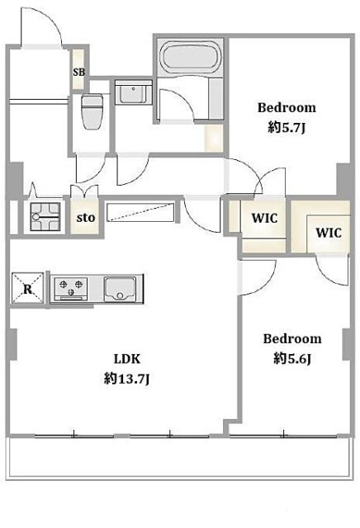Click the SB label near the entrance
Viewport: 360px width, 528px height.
click(79, 72)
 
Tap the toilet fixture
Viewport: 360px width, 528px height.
click(92, 111)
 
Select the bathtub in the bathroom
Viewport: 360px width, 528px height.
click(191, 58)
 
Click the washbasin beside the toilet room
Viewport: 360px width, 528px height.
click(134, 92)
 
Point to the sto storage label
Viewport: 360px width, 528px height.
click(86, 218)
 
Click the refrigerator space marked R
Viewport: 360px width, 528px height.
click(27, 288)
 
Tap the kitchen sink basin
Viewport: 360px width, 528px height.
click(120, 290)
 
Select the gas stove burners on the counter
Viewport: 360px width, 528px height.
click(71, 289)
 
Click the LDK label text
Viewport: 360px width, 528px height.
click(127, 359)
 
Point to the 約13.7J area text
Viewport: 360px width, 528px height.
click(126, 379)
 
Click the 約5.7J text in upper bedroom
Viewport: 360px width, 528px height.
click(287, 128)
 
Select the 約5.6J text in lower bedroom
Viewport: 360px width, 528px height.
click(292, 359)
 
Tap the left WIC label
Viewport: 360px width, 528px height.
click(264, 218)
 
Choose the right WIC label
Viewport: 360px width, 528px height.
click(329, 233)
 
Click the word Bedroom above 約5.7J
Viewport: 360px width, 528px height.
click(287, 108)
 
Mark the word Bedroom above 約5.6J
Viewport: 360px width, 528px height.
click(292, 339)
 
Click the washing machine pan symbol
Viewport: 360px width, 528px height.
click(45, 217)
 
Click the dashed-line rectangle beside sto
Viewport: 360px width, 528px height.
click(140, 212)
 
